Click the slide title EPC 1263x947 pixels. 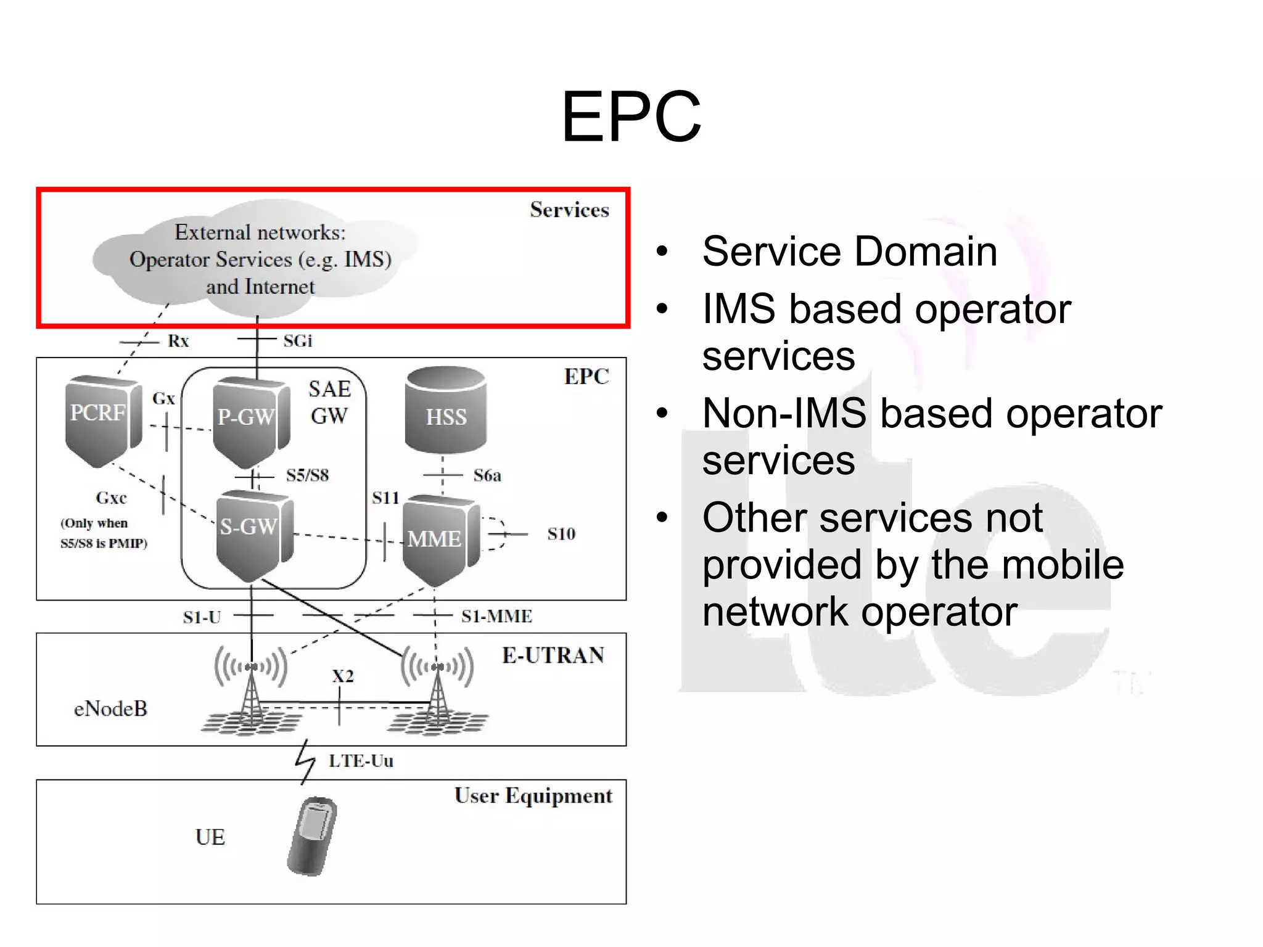pyautogui.click(x=631, y=117)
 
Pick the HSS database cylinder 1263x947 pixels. pyautogui.click(x=445, y=410)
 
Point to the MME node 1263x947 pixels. pyautogui.click(x=438, y=539)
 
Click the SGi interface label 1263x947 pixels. pyautogui.click(x=298, y=341)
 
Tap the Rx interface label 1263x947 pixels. pyautogui.click(x=178, y=341)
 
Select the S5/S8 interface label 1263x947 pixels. pyautogui.click(x=307, y=475)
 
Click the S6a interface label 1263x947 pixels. pyautogui.click(x=487, y=475)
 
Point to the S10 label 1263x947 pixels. pyautogui.click(x=561, y=534)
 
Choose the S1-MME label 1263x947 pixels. pyautogui.click(x=496, y=616)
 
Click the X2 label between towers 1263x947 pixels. pyautogui.click(x=343, y=676)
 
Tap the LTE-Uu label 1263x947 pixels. pyautogui.click(x=361, y=761)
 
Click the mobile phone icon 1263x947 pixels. pyautogui.click(x=312, y=836)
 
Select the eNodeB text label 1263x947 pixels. pyautogui.click(x=110, y=709)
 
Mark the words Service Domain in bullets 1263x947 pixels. pyautogui.click(x=849, y=252)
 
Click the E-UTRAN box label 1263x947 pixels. pyautogui.click(x=553, y=655)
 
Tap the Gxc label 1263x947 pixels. pyautogui.click(x=111, y=498)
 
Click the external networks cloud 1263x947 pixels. pyautogui.click(x=259, y=259)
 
